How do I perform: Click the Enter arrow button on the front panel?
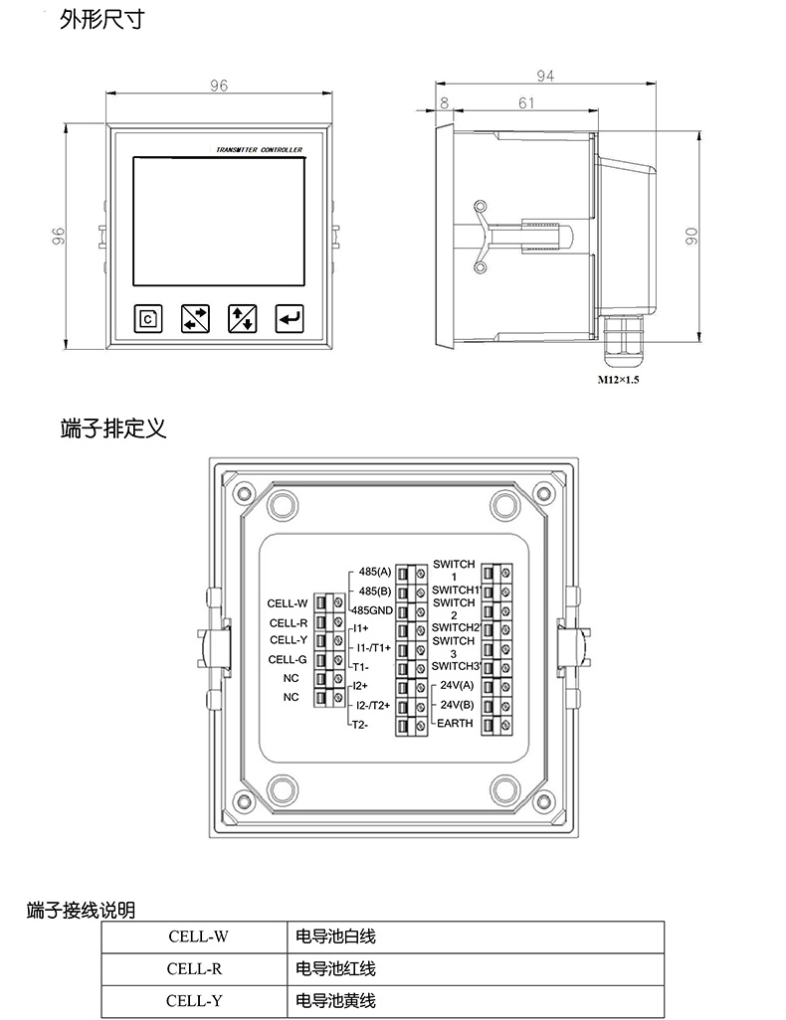point(290,318)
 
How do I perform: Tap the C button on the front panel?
point(148,318)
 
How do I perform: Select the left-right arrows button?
point(195,318)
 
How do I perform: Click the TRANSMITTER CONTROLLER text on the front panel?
point(259,149)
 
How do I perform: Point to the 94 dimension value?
point(545,77)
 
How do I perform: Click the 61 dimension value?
point(526,102)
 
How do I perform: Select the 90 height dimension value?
point(691,236)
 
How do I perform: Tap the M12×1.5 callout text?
point(619,380)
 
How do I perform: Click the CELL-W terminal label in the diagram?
point(288,603)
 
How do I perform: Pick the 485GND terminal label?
point(372,610)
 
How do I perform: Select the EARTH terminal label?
point(456,723)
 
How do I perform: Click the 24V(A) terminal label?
point(457,685)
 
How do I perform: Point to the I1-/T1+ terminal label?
point(374,648)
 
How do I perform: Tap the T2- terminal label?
point(361,724)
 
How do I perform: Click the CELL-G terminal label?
point(288,659)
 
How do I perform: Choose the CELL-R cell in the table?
point(194,968)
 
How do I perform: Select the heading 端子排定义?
point(113,428)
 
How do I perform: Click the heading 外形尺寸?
point(101,19)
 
